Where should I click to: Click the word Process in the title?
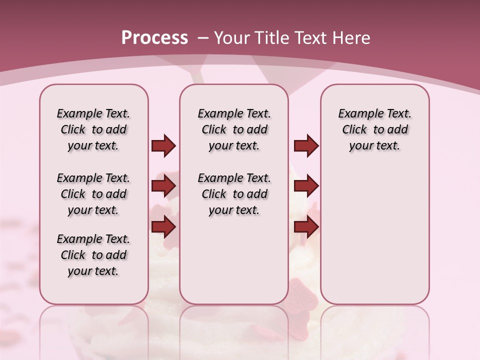point(154,38)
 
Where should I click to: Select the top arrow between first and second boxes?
point(163,146)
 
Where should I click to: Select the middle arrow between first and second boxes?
point(163,186)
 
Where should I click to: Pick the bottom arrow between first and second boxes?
point(163,227)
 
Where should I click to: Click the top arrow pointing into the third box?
point(306,146)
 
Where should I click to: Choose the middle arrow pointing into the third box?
point(306,186)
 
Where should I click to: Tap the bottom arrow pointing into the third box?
point(306,227)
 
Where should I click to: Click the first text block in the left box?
point(93,129)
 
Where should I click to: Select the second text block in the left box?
point(93,194)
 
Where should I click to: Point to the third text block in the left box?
point(93,255)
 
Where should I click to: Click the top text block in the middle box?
point(234,129)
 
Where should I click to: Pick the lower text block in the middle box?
point(234,194)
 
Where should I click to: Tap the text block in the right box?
point(374,129)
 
